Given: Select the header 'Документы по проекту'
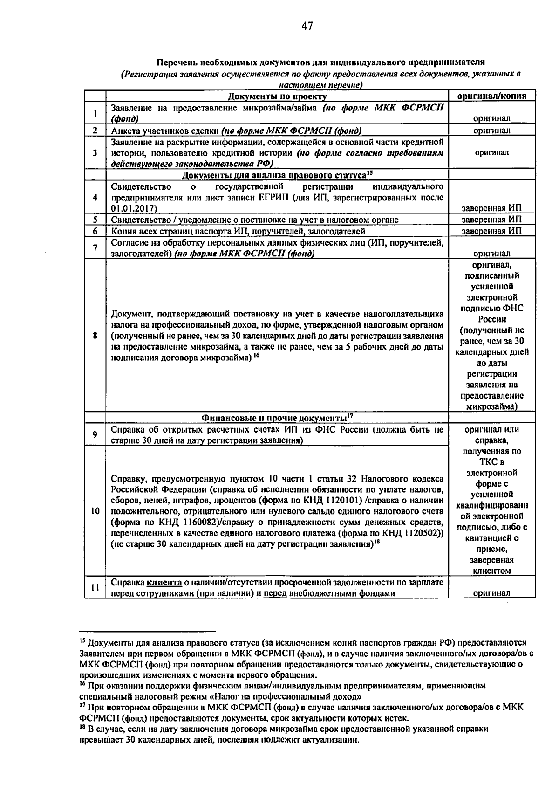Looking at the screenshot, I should pos(277,96).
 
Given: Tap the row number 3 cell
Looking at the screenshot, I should pos(95,152).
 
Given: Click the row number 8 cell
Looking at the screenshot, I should pos(95,335).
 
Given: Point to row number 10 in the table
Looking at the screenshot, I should pos(95,511).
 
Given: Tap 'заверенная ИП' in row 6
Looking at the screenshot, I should pos(492,231).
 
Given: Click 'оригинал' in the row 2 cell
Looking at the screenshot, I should pos(492,131).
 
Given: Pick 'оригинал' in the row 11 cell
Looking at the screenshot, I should pos(492,593).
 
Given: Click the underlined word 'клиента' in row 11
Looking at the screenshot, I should pos(164,582).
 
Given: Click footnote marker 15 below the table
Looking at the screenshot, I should pos(82,641).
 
